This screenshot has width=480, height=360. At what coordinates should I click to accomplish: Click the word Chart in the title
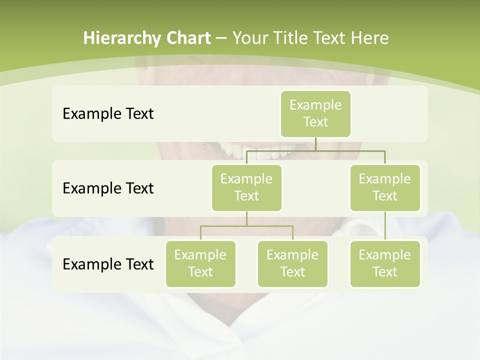(x=188, y=38)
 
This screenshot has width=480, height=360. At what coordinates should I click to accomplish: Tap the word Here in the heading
(x=369, y=38)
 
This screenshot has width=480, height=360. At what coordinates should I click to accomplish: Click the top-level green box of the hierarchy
(x=315, y=114)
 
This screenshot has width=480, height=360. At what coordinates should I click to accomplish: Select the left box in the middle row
(x=246, y=188)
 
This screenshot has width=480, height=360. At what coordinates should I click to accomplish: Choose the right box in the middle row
(x=385, y=188)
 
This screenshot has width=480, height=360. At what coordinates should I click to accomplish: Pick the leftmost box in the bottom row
(x=200, y=264)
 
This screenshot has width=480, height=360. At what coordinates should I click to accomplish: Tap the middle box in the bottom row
(x=292, y=264)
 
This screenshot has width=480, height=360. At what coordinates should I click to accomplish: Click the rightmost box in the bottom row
(x=385, y=264)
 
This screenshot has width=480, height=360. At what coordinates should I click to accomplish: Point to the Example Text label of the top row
(x=108, y=114)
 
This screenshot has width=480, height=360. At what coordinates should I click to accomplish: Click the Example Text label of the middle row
(x=108, y=188)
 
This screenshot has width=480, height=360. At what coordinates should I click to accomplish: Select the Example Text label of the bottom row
(x=108, y=264)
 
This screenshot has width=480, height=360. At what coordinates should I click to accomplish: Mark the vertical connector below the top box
(x=315, y=144)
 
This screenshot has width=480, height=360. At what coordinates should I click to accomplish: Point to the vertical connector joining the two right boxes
(x=385, y=226)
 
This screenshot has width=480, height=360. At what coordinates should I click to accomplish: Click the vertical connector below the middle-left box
(x=246, y=218)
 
